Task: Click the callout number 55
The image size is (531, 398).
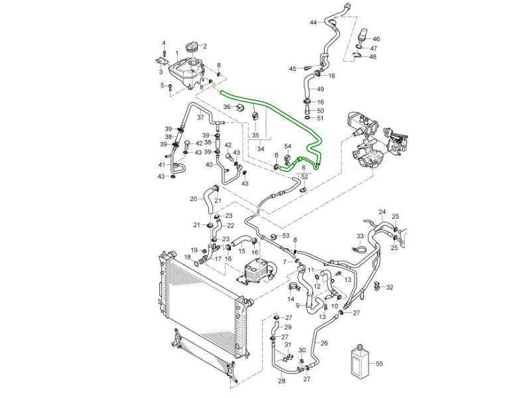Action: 380,364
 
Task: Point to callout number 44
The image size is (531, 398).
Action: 313,23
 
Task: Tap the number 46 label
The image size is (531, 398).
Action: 376,39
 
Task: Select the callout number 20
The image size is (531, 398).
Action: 193,198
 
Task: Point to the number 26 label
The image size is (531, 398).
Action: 325,343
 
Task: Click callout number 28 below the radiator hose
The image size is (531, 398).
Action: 281,381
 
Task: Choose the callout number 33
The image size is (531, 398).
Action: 360,236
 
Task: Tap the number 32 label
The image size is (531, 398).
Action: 390,287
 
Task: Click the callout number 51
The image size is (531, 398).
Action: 320,118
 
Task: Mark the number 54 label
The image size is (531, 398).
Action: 288,146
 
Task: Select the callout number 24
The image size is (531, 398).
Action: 382,212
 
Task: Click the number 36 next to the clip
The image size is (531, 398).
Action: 226,107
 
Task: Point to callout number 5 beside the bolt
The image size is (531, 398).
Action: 161,85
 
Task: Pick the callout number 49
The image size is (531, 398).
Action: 320,90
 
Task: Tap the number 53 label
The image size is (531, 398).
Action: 285,235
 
